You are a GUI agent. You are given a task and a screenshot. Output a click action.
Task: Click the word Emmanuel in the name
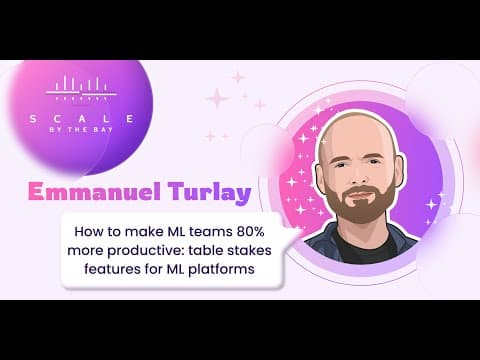(x=95, y=191)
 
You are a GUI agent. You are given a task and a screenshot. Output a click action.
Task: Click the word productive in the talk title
(x=146, y=250)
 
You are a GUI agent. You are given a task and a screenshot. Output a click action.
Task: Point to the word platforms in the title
(x=221, y=269)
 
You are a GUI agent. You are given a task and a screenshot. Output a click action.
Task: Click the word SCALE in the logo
(x=82, y=119)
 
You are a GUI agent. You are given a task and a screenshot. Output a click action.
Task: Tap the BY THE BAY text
(x=81, y=130)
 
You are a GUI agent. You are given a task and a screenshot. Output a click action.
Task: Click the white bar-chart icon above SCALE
(x=81, y=88)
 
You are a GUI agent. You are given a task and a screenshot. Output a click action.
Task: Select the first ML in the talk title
(x=175, y=231)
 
